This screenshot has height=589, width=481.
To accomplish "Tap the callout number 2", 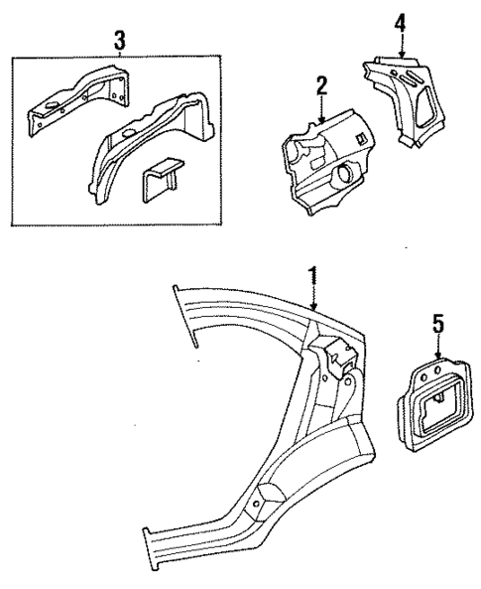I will pos(320,86).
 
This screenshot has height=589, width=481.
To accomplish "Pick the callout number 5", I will pos(440,323).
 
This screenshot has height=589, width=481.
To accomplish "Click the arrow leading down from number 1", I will pos(313,298).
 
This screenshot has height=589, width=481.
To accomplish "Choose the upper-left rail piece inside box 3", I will pos(74,99).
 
